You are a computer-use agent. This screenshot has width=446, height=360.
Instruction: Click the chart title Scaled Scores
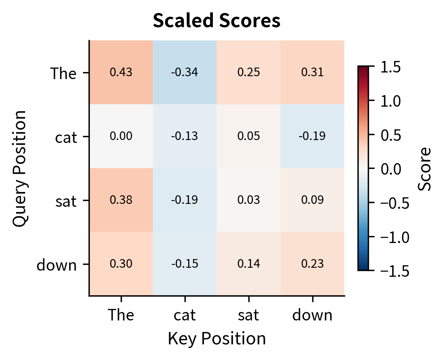click(x=217, y=21)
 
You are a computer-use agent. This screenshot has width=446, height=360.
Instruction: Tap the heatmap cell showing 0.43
click(x=121, y=72)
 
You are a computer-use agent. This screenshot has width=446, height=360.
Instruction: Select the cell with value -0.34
click(x=184, y=72)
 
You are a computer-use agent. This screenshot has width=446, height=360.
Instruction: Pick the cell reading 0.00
click(x=121, y=136)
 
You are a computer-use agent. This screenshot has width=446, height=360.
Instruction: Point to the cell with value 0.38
click(x=121, y=200)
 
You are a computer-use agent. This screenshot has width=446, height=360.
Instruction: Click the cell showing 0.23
click(x=312, y=264)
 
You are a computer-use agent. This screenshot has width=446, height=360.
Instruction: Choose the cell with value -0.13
click(x=184, y=136)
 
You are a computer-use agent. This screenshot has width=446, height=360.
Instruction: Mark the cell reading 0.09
click(x=312, y=200)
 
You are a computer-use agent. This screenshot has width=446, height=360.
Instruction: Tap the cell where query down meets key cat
click(x=184, y=264)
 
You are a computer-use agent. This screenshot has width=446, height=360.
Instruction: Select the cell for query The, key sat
click(x=248, y=72)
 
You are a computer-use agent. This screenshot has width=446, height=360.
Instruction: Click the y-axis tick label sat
click(x=66, y=202)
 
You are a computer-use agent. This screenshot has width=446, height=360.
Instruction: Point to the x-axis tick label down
click(x=312, y=315)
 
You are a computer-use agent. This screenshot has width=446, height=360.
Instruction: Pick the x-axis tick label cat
click(x=184, y=315)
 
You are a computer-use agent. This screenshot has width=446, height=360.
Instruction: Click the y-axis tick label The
click(x=63, y=74)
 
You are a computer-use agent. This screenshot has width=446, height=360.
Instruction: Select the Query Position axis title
click(x=20, y=168)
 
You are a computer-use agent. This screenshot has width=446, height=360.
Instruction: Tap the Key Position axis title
click(x=217, y=339)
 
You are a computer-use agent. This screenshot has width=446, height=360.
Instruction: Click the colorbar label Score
click(x=424, y=168)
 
